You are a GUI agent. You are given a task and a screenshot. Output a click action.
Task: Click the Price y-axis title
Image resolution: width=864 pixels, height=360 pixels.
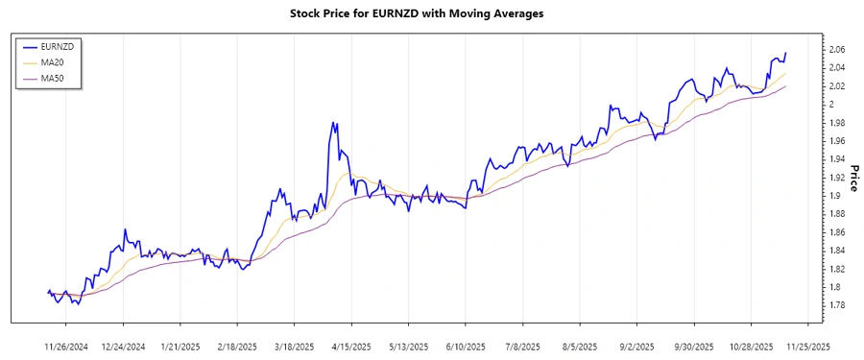coord(852,177)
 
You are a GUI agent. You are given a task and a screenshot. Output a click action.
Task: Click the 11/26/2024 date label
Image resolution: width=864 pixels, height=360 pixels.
coord(66,346)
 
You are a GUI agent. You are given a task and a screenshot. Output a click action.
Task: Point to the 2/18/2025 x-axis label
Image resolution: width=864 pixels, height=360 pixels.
coord(237,346)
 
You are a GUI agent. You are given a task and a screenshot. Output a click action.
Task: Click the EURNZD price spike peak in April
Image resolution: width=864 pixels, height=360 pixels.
coord(333,123)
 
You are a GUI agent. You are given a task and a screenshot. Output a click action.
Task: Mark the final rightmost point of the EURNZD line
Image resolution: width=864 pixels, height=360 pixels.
coord(786,53)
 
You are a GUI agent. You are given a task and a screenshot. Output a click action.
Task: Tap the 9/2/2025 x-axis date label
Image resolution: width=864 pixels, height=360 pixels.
coord(635,346)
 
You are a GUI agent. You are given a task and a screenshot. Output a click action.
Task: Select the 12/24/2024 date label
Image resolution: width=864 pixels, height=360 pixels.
coord(123,346)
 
